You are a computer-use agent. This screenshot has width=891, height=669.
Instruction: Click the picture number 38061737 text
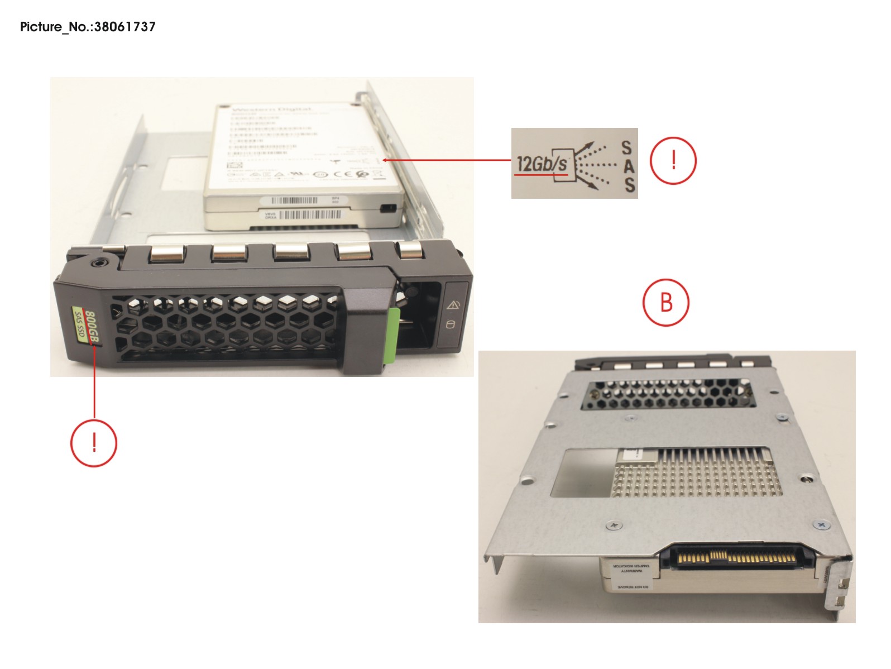(x=88, y=26)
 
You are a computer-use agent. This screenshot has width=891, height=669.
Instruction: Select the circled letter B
(x=666, y=302)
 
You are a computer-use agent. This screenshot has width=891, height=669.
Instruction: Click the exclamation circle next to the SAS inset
(x=673, y=161)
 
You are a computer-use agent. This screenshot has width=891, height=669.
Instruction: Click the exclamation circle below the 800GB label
(x=94, y=443)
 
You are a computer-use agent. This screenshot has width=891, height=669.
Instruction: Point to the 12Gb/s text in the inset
(x=541, y=164)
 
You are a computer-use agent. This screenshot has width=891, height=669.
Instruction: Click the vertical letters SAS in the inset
(x=628, y=166)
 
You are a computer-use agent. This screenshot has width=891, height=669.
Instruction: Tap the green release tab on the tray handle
(x=392, y=334)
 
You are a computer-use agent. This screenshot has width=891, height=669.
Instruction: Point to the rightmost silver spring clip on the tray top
(x=410, y=250)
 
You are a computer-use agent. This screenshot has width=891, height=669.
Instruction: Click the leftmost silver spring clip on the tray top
(x=165, y=255)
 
